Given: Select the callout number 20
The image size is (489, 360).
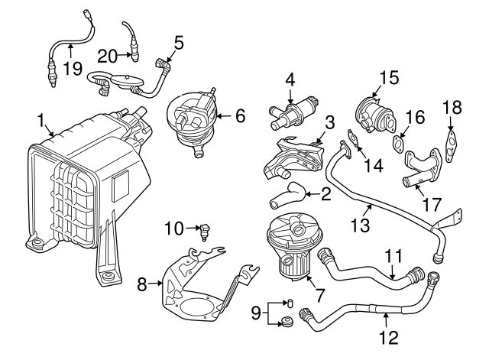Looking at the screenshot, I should (x=107, y=54).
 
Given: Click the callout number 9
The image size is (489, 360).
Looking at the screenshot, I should (x=257, y=312).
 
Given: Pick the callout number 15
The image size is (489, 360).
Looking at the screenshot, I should (x=389, y=76).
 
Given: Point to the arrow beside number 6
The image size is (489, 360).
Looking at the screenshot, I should (x=222, y=117).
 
